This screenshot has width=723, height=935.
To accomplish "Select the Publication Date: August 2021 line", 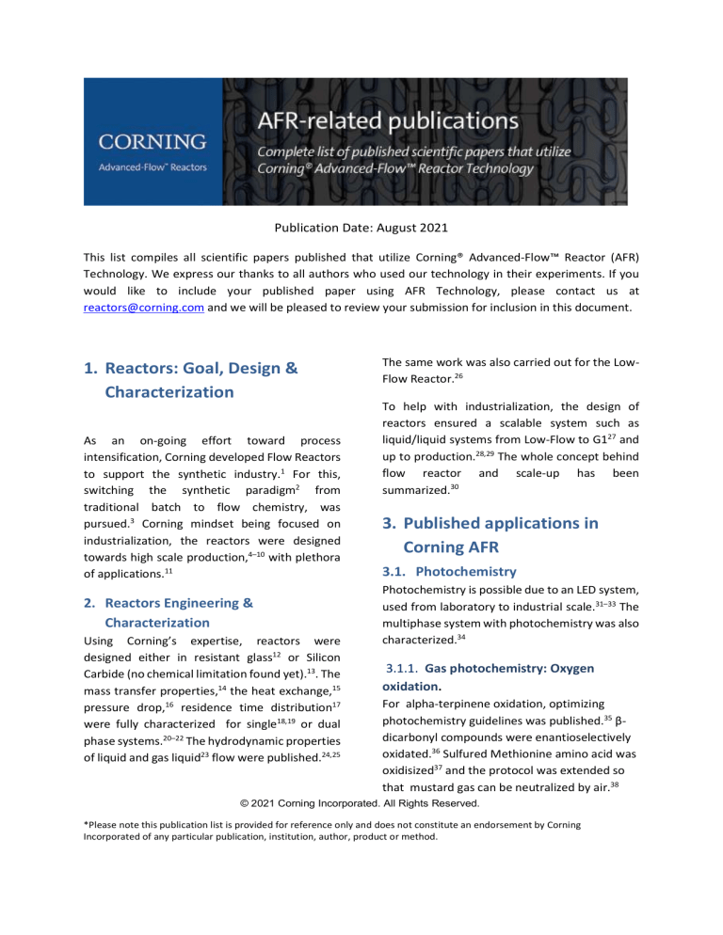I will point(361,227).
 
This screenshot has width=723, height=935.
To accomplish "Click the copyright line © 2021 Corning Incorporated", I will point(361,803).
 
